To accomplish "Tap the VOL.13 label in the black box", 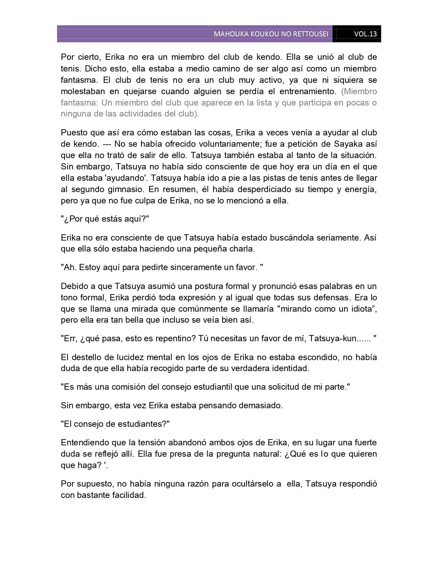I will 365,34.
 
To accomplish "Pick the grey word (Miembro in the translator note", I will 359,91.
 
